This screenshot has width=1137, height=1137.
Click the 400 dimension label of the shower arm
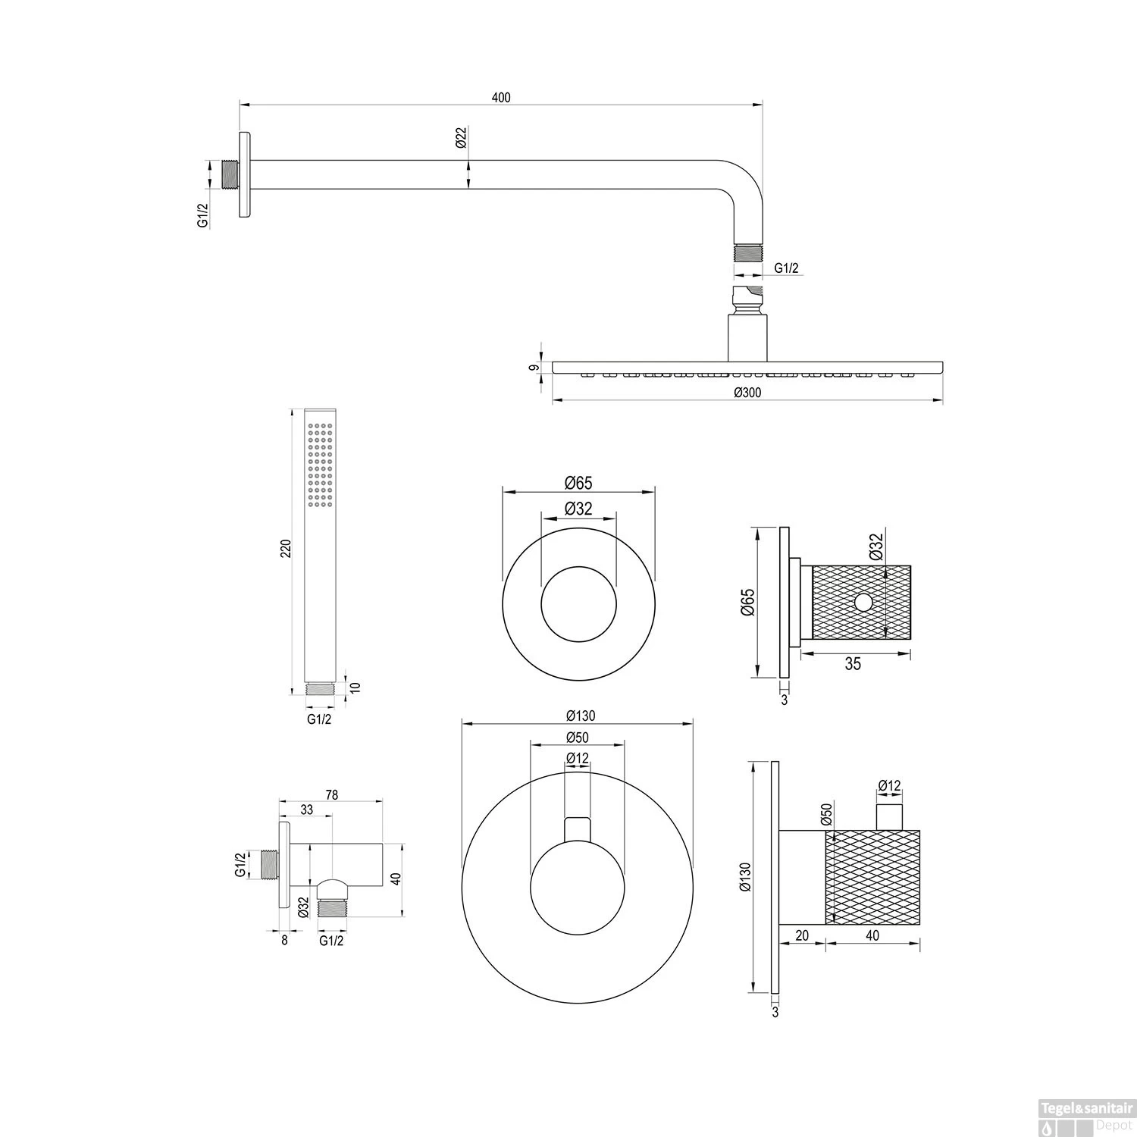click(501, 98)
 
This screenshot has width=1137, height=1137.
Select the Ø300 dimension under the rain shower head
click(747, 392)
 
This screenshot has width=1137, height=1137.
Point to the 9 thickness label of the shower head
click(534, 368)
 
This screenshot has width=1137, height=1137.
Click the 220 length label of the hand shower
click(286, 549)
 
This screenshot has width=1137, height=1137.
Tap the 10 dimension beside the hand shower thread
click(356, 687)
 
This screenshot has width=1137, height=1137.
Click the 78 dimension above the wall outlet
click(331, 795)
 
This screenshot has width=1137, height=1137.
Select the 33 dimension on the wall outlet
click(306, 810)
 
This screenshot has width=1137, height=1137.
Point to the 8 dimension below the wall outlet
click(284, 941)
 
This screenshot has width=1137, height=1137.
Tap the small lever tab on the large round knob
click(577, 829)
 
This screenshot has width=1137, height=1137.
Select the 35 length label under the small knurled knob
click(853, 664)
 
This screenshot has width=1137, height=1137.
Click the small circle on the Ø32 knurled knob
click(863, 603)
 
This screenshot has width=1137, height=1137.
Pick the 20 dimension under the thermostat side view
click(802, 936)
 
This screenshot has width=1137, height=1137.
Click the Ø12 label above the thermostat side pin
click(890, 786)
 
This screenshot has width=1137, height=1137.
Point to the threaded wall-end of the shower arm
click(230, 174)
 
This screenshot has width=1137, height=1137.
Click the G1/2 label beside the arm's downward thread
click(786, 268)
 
